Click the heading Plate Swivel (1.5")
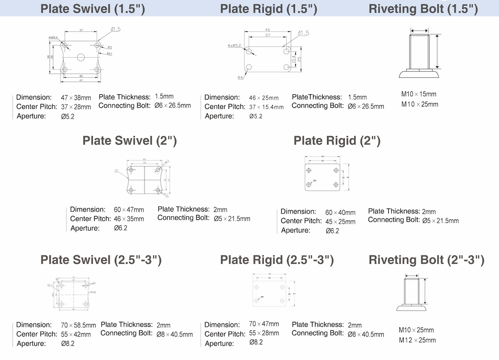tap(92, 9)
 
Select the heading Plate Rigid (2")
tap(337, 141)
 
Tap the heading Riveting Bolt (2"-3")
tap(426, 260)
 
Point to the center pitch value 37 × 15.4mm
tap(266, 107)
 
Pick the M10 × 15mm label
tap(419, 94)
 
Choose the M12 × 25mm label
tap(417, 340)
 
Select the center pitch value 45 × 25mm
tap(340, 222)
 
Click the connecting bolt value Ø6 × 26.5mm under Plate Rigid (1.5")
tap(366, 106)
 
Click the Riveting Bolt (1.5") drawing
tap(420, 54)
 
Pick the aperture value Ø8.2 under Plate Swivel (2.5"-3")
tap(67, 343)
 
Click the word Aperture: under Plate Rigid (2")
tap(296, 231)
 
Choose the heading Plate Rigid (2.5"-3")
tap(277, 260)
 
